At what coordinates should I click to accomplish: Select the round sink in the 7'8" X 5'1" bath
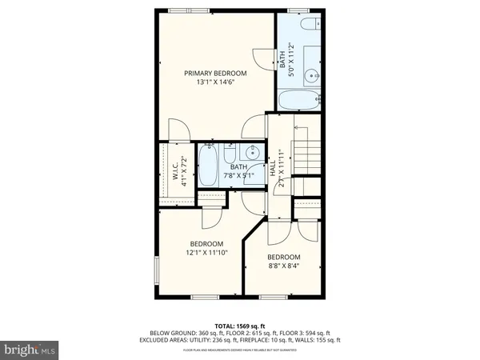click(x=253, y=154)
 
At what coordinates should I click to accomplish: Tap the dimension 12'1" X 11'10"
click(x=206, y=254)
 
